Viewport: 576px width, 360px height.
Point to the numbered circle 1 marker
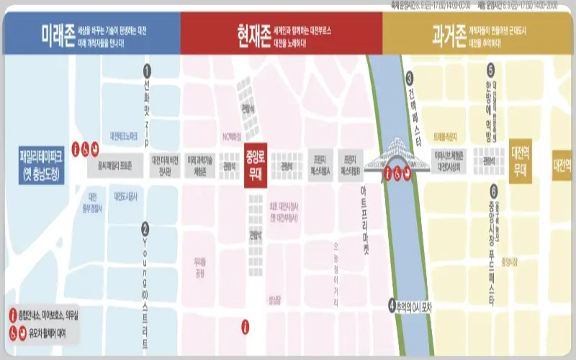pyautogui.click(x=147, y=71)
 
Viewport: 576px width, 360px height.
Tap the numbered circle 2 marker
pyautogui.click(x=145, y=228)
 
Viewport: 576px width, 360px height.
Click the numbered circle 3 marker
pyautogui.click(x=409, y=78)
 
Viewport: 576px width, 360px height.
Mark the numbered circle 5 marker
pyautogui.click(x=490, y=71)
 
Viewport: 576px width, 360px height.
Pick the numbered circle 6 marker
pyautogui.click(x=493, y=191)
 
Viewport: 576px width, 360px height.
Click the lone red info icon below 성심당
pyautogui.click(x=246, y=327)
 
